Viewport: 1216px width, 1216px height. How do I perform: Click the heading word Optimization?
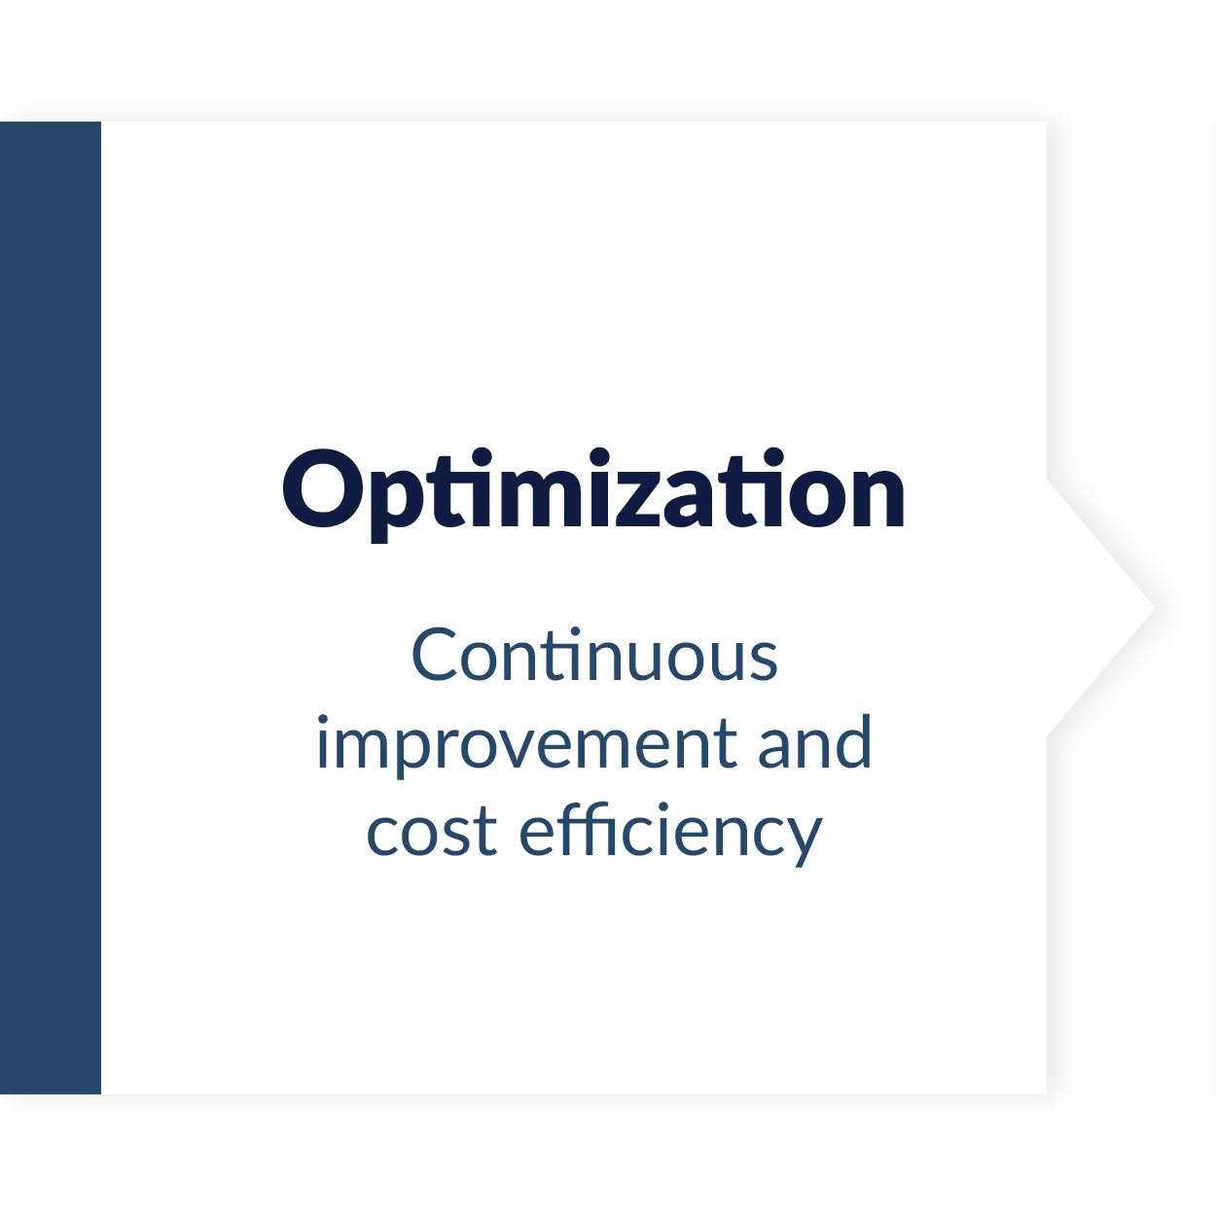pyautogui.click(x=593, y=494)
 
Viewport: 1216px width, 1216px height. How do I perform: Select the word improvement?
pyautogui.click(x=526, y=744)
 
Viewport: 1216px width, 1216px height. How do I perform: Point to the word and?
pyautogui.click(x=814, y=741)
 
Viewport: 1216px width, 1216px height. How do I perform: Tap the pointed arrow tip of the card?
pyautogui.click(x=1154, y=608)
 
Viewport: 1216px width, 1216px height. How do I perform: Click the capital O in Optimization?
pyautogui.click(x=323, y=487)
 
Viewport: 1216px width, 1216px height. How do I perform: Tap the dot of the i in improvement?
pyautogui.click(x=322, y=720)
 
